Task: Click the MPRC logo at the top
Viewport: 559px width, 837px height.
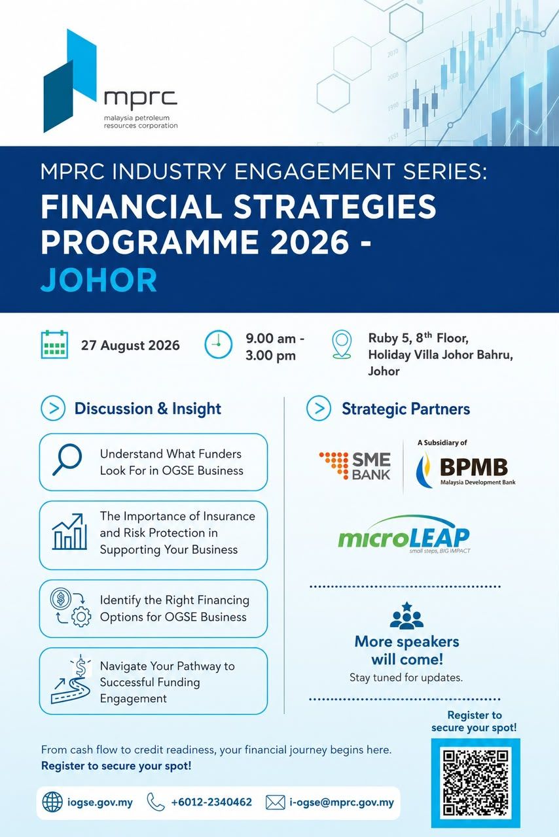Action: click(x=111, y=80)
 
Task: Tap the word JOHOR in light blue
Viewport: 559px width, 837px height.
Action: click(x=99, y=280)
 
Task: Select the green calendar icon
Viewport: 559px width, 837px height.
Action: click(x=54, y=345)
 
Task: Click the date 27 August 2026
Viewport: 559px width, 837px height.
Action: click(x=130, y=345)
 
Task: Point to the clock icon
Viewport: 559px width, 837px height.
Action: click(x=218, y=344)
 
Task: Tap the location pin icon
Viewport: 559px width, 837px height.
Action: click(x=342, y=345)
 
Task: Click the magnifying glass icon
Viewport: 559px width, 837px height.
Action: click(x=67, y=460)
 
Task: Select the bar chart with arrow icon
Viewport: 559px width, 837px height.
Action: click(x=69, y=532)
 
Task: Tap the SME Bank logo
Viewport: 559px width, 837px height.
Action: click(x=355, y=466)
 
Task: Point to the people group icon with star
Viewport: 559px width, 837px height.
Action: click(x=406, y=615)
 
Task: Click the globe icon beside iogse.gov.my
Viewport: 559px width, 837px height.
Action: click(x=52, y=802)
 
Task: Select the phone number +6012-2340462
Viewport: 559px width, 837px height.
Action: click(x=211, y=802)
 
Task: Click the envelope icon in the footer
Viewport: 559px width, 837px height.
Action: click(x=276, y=802)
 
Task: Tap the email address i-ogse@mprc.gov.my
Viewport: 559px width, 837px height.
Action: click(x=342, y=802)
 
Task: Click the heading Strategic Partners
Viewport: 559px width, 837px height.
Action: click(x=406, y=409)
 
